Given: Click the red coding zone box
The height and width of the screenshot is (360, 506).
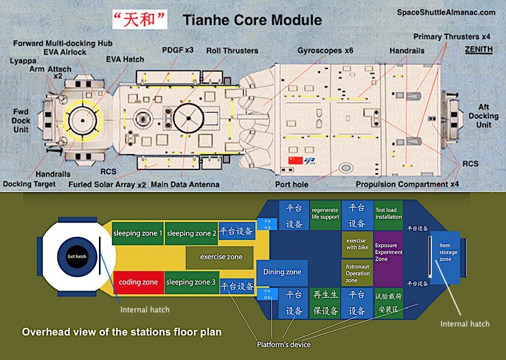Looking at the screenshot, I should [x=138, y=282].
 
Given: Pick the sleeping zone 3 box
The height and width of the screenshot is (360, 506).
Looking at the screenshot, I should [x=191, y=282].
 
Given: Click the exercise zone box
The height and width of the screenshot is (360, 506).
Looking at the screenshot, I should [x=221, y=257].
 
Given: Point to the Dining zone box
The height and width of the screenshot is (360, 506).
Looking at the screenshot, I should [x=282, y=272].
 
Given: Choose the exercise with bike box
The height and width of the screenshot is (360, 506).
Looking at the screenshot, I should [x=357, y=244].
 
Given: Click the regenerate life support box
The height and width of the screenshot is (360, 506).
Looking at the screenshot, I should [x=325, y=214].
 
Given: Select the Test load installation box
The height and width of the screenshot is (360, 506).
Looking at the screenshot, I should [x=389, y=214].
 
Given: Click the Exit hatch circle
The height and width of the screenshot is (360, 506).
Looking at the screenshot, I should [x=76, y=256].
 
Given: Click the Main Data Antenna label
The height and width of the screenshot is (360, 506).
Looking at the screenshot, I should [x=185, y=185].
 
